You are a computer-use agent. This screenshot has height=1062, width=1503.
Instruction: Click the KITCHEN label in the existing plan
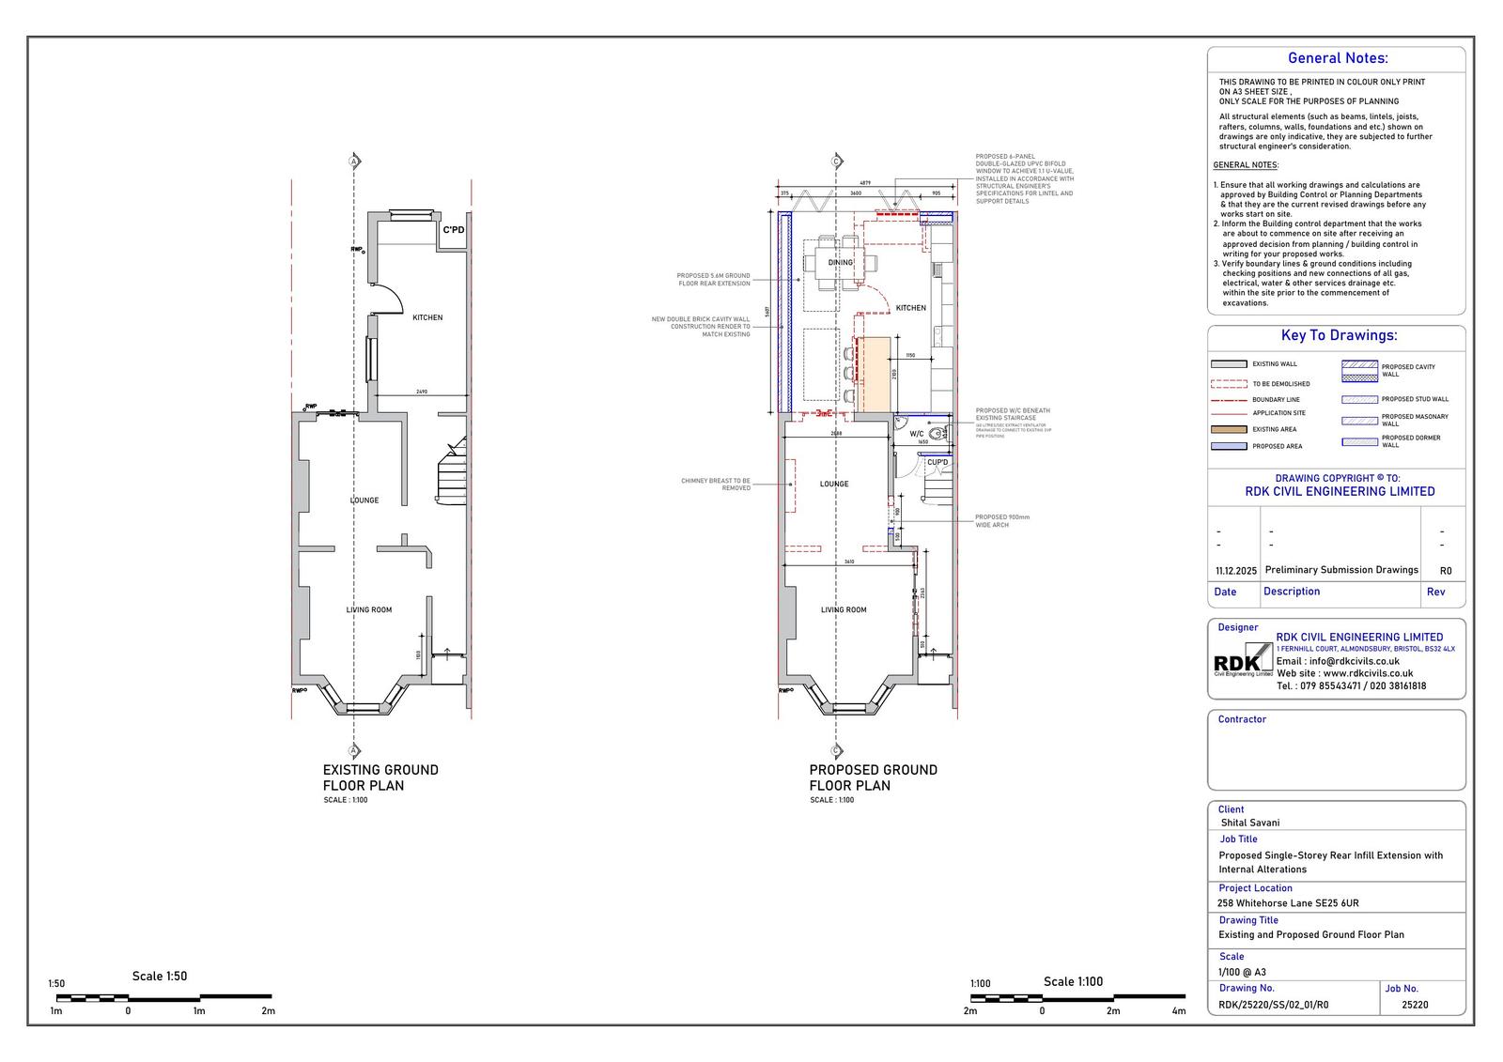click(x=427, y=317)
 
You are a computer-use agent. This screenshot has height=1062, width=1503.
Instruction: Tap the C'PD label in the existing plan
click(x=454, y=230)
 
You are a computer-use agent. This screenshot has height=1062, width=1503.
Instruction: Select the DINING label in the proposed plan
click(x=841, y=262)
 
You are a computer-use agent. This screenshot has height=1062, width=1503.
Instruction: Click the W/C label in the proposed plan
click(x=917, y=434)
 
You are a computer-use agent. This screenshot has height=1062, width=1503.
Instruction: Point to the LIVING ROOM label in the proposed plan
click(x=844, y=610)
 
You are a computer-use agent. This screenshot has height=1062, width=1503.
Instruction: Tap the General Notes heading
click(x=1337, y=58)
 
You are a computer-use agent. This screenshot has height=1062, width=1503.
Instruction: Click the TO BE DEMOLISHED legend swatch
click(x=1229, y=384)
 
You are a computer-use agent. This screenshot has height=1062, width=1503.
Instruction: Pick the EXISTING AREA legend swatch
click(x=1229, y=429)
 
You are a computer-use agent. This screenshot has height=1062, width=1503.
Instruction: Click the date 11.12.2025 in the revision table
click(x=1235, y=571)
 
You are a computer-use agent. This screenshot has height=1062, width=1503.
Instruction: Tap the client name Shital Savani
click(x=1249, y=823)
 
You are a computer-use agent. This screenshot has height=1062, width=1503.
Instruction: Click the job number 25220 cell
click(x=1415, y=1005)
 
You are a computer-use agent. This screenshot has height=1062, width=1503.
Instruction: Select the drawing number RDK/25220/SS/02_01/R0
click(x=1273, y=1005)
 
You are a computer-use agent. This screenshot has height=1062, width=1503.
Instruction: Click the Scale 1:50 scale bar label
click(x=160, y=977)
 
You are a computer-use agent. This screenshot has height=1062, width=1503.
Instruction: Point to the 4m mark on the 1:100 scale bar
click(x=1179, y=1011)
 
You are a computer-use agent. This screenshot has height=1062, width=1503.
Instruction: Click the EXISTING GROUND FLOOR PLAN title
click(x=380, y=777)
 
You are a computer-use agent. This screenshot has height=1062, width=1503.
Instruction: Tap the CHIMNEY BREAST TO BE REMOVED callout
click(x=716, y=485)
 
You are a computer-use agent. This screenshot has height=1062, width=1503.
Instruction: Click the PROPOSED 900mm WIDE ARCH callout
click(x=1002, y=521)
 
